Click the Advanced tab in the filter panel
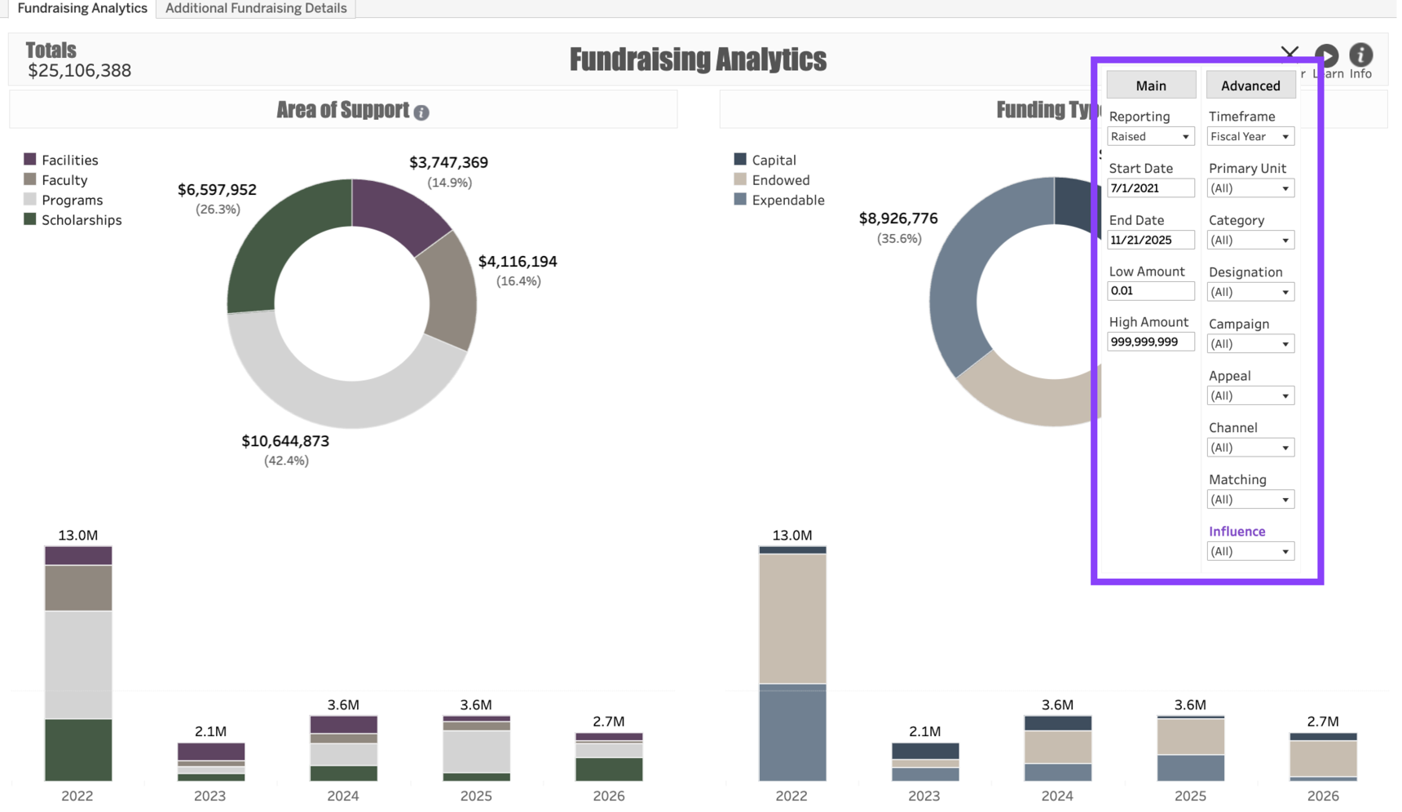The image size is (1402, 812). (1250, 86)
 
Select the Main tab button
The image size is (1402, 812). (1150, 86)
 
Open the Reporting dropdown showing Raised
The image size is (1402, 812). (1150, 137)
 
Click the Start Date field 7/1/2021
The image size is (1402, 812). (1150, 188)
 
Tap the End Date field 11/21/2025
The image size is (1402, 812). (1150, 240)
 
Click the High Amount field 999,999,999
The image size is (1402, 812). (1150, 342)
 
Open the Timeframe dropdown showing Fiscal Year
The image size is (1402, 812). (1250, 137)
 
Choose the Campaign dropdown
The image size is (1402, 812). (1250, 344)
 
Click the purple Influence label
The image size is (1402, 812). (1237, 532)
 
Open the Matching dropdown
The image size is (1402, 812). (1250, 500)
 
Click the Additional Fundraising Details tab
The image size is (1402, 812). (256, 8)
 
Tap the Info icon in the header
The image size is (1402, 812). (1360, 55)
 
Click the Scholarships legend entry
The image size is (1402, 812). (81, 220)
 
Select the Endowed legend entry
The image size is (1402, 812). (780, 180)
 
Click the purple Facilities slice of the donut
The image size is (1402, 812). (399, 212)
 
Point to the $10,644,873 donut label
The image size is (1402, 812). (285, 441)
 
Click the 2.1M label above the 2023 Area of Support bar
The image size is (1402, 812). (210, 731)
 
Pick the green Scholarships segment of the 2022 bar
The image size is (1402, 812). (78, 749)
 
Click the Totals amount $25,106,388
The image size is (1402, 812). (79, 71)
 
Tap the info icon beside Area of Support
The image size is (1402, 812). (421, 113)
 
